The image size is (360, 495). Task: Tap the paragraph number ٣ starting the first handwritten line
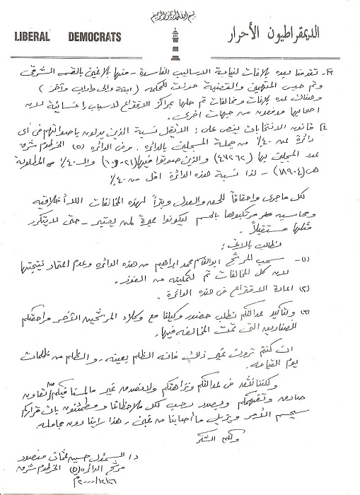tap(340, 69)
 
